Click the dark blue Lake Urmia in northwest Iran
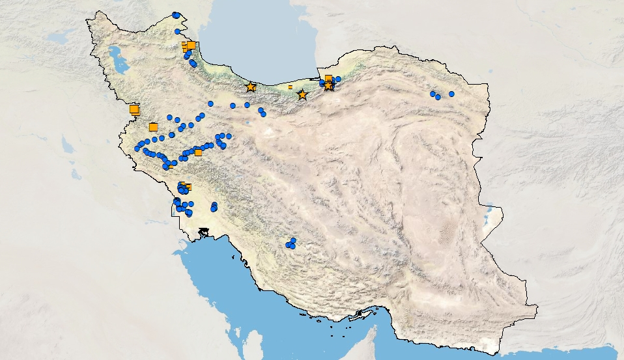(119, 60)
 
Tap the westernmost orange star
(251, 87)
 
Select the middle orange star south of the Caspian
(302, 95)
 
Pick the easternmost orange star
(328, 85)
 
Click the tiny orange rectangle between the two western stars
(290, 87)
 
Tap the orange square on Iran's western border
(134, 109)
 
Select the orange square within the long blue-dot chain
(198, 152)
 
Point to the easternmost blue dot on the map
(451, 94)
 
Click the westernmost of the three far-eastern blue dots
(433, 94)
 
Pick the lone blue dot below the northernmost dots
(177, 31)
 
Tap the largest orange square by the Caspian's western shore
(191, 45)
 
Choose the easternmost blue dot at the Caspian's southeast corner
(338, 79)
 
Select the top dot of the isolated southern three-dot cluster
(293, 240)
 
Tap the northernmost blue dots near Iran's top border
(176, 15)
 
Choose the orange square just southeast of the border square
(153, 127)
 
